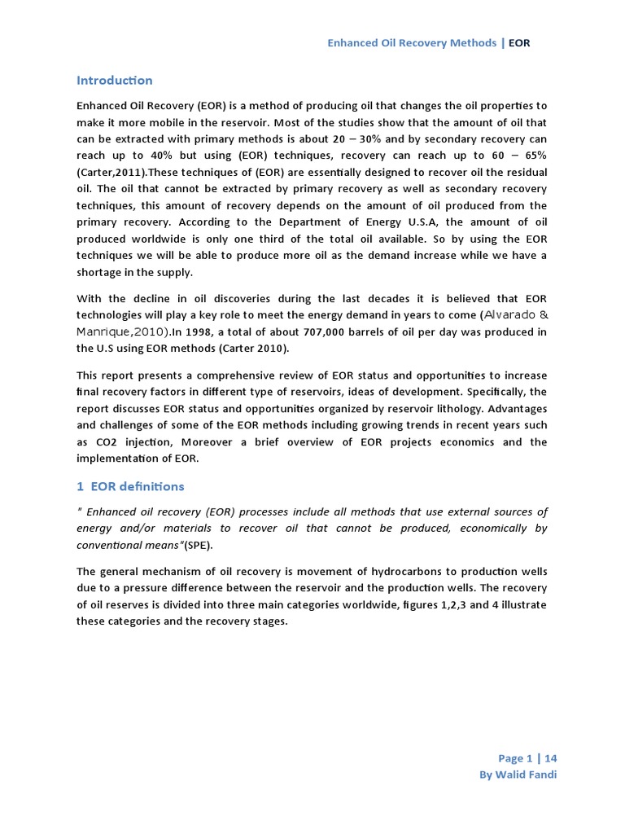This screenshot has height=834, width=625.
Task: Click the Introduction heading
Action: pos(114,81)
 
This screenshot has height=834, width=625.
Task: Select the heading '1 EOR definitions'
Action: pos(130,486)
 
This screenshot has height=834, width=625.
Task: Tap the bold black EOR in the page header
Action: pos(519,42)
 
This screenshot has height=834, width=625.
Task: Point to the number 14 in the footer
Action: pos(551,757)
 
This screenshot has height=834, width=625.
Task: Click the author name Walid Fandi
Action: pos(527,775)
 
